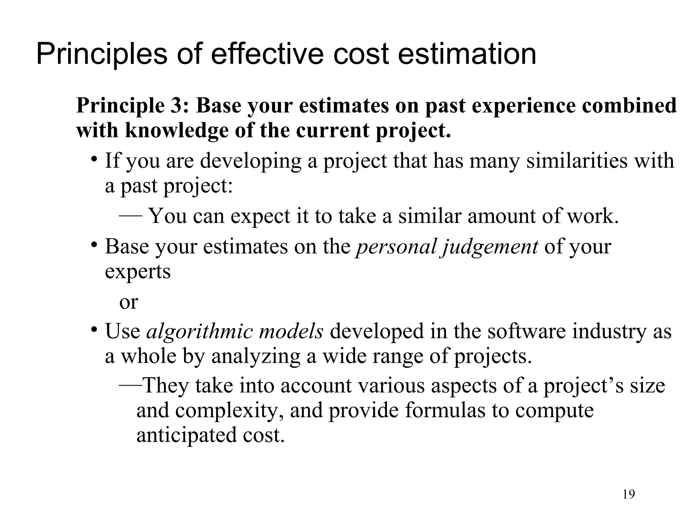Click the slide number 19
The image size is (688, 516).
pos(629,494)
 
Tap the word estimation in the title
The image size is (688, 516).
pos(467,54)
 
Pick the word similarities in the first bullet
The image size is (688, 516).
pos(576,161)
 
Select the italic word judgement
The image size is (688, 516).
pos(490,247)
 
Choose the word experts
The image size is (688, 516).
pos(138,271)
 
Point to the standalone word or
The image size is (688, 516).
pos(129,302)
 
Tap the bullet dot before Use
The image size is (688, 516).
pos(95,329)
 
